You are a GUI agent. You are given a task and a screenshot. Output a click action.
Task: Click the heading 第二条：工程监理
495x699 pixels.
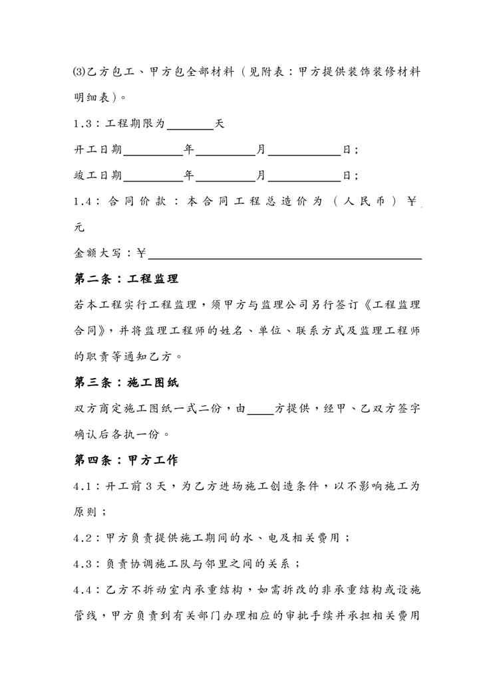pos(126,279)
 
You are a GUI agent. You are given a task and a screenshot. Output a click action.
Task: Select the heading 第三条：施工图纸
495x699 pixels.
pos(126,383)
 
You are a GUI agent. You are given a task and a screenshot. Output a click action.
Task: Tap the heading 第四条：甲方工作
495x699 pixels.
pos(126,460)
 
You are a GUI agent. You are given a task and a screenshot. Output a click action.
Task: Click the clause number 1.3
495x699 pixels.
pos(84,124)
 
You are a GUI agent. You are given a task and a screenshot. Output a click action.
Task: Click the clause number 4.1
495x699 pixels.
pos(84,486)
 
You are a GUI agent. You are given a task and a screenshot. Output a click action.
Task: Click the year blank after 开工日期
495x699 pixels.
pos(153,150)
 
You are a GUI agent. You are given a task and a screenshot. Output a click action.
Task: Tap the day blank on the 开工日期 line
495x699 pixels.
pos(303,150)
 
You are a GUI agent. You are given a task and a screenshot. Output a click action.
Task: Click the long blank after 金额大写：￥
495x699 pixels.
pos(285,253)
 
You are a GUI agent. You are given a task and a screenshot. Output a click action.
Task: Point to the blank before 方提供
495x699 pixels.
pos(260,410)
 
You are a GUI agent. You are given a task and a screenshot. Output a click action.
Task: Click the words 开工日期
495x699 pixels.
pos(98,150)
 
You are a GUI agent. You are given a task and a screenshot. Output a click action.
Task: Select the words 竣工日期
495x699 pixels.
pos(98,176)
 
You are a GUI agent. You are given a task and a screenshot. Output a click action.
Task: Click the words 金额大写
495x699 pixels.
pos(98,253)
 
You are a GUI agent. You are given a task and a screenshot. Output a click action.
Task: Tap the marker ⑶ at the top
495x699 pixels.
pos(78,72)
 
